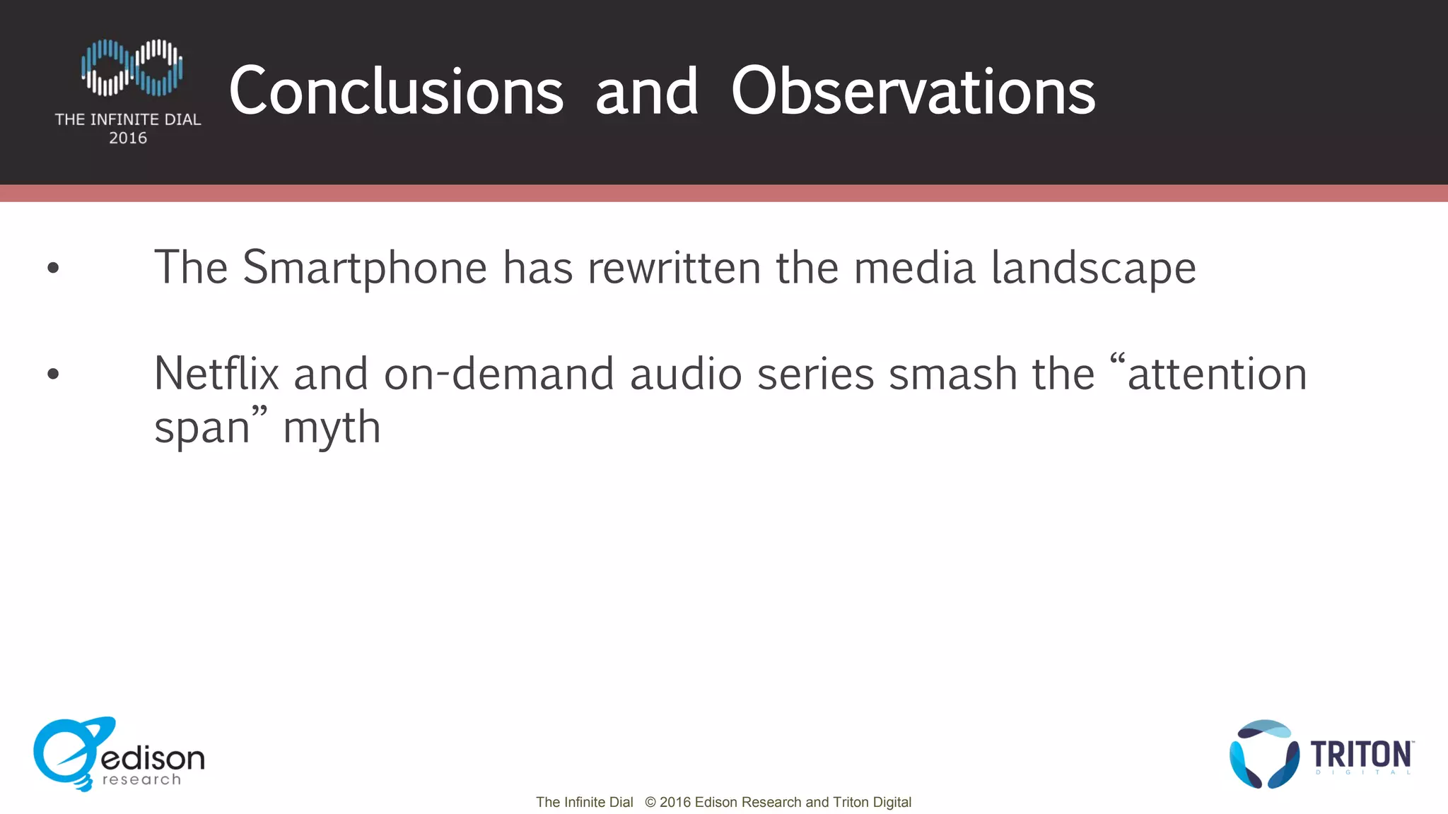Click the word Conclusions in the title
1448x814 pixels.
(396, 92)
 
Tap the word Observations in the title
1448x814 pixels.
(913, 92)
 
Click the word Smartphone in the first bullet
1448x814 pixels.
(365, 269)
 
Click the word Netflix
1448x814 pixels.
(216, 374)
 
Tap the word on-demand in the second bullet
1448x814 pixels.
(499, 374)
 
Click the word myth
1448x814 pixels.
(332, 428)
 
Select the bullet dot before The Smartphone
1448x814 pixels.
(53, 269)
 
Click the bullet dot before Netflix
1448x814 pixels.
(53, 374)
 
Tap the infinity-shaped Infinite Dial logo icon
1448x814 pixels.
(132, 68)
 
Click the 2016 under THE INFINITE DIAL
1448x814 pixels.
(128, 138)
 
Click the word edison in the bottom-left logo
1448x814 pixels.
(153, 758)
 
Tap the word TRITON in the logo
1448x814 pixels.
(1361, 755)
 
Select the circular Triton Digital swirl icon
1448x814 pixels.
(1264, 755)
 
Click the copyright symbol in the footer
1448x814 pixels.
(650, 803)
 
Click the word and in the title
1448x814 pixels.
(647, 92)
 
